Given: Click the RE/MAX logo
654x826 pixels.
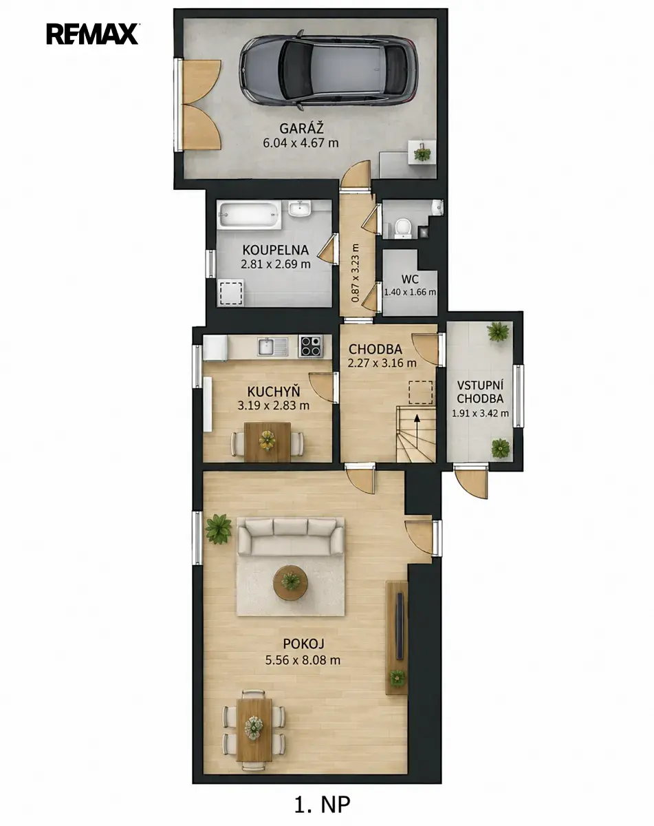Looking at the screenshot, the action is point(92,34).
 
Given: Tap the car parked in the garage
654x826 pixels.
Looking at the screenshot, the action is point(329,70).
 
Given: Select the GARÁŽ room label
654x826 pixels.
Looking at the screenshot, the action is point(301,128).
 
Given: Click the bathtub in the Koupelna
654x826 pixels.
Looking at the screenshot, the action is point(250,215).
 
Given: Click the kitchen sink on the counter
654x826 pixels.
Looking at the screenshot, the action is point(273,346).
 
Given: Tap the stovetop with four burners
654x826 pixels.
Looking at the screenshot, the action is point(311,346).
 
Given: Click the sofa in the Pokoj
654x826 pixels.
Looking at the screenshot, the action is point(290,536).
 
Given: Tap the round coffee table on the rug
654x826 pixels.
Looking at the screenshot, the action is point(290,582).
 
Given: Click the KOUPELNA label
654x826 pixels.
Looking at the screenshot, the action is point(275,250).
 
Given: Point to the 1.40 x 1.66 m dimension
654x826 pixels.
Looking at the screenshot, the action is point(410,292).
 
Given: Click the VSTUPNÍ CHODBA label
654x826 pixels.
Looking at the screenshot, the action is point(480,392).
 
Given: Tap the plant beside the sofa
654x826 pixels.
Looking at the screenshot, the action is point(218,529).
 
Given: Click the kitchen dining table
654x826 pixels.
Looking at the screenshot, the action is point(268,441).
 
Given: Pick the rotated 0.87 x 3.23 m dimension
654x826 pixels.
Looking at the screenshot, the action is point(355,273).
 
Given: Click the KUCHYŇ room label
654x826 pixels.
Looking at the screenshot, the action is point(274,392).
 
